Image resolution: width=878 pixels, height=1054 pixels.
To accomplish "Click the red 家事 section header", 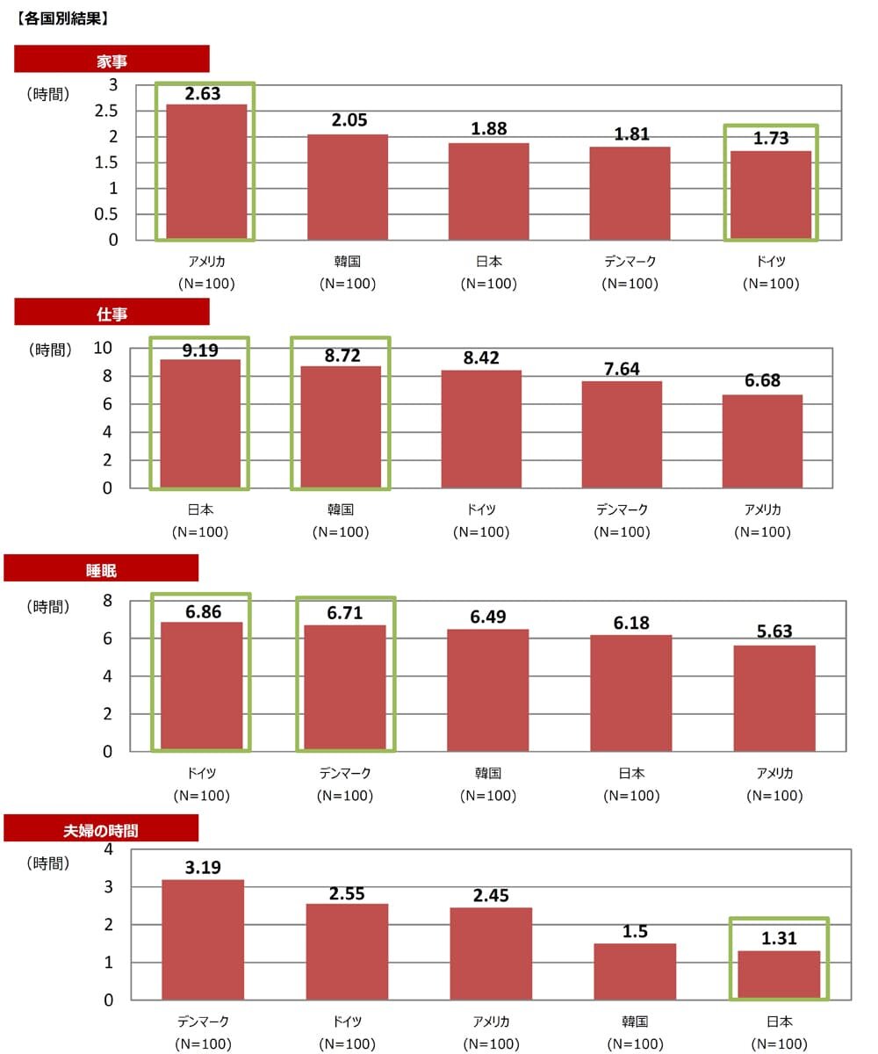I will [112, 60].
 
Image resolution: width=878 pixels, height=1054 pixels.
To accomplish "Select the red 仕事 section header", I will [112, 313].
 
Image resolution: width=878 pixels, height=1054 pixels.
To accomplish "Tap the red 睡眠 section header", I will [101, 569].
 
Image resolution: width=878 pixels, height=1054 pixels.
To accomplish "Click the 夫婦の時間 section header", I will [101, 829].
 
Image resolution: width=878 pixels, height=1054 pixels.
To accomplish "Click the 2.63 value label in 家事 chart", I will [203, 94].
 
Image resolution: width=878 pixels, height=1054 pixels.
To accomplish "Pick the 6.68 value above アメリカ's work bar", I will [762, 381].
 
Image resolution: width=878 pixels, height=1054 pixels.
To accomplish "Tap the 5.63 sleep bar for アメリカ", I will [774, 698].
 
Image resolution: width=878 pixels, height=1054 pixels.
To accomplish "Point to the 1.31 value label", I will [779, 938].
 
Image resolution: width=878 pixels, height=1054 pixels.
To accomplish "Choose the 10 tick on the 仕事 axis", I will [103, 349].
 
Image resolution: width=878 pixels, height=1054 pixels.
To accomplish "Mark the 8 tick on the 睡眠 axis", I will [108, 601].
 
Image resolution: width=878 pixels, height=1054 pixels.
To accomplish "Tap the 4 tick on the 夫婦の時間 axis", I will [108, 849].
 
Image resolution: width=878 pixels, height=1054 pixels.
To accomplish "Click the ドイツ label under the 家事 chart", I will [771, 262].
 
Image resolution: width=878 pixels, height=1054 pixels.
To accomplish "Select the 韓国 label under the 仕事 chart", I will [340, 509].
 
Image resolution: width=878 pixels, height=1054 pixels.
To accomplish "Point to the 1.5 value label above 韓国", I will [635, 931].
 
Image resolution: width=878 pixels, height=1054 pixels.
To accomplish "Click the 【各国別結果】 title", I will [61, 17].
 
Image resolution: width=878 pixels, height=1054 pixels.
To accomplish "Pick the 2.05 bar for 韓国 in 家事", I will [347, 186].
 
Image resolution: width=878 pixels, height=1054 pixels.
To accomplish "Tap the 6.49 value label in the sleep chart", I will [488, 617].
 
